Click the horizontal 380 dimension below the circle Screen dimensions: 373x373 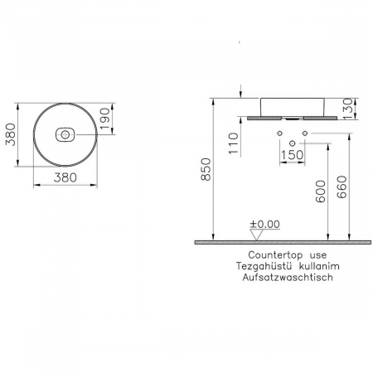(66, 177)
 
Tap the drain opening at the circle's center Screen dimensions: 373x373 (66, 134)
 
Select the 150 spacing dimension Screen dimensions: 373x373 (292, 155)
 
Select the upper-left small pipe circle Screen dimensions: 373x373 (279, 134)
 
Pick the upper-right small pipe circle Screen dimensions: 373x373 (304, 134)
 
